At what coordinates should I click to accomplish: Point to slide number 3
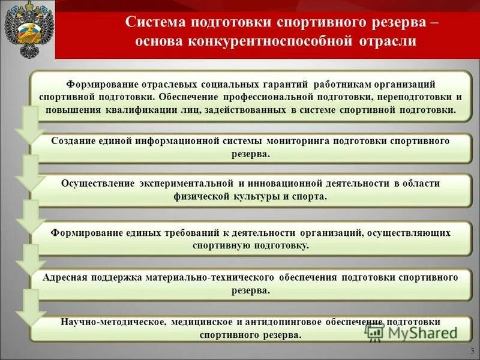point(472,351)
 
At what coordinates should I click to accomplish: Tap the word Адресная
point(66,277)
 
